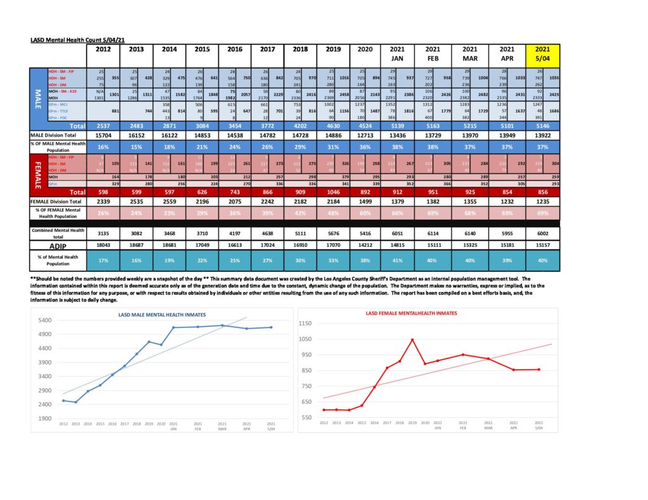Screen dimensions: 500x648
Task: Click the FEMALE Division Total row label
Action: (58, 200)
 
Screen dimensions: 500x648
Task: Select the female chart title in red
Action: (412, 313)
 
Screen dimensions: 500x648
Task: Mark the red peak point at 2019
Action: (412, 339)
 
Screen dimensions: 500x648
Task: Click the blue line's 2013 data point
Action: (75, 402)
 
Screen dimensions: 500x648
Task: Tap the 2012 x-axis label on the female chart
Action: (323, 422)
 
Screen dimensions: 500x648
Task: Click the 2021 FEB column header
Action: (434, 53)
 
